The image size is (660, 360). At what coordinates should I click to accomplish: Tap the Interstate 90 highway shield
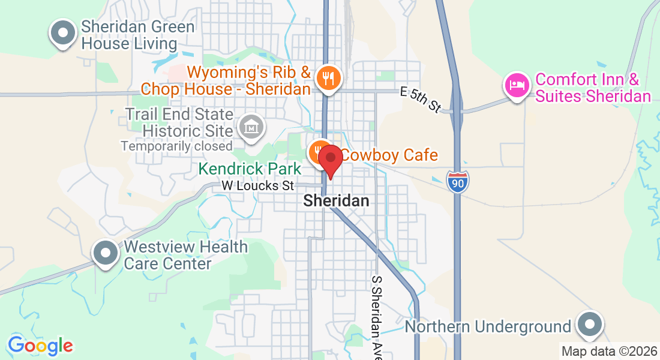[457, 181]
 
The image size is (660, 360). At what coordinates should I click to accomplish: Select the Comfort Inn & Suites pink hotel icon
[517, 85]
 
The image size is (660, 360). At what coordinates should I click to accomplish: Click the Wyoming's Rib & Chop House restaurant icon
[328, 78]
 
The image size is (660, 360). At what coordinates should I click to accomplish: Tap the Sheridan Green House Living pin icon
[63, 34]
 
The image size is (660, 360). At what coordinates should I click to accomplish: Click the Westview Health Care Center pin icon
[106, 253]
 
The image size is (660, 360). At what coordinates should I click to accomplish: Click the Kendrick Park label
[250, 170]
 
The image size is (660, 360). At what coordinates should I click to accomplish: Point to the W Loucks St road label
[258, 186]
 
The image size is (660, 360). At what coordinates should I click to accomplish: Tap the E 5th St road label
[421, 99]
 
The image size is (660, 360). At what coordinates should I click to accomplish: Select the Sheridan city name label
[336, 201]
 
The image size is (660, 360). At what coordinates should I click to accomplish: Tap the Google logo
[40, 346]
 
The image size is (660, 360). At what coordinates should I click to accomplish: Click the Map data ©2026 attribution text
[608, 351]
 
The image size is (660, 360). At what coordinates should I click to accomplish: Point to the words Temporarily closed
[176, 146]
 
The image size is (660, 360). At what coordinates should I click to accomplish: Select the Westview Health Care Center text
[185, 255]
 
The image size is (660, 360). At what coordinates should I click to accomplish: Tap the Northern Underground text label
[488, 327]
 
